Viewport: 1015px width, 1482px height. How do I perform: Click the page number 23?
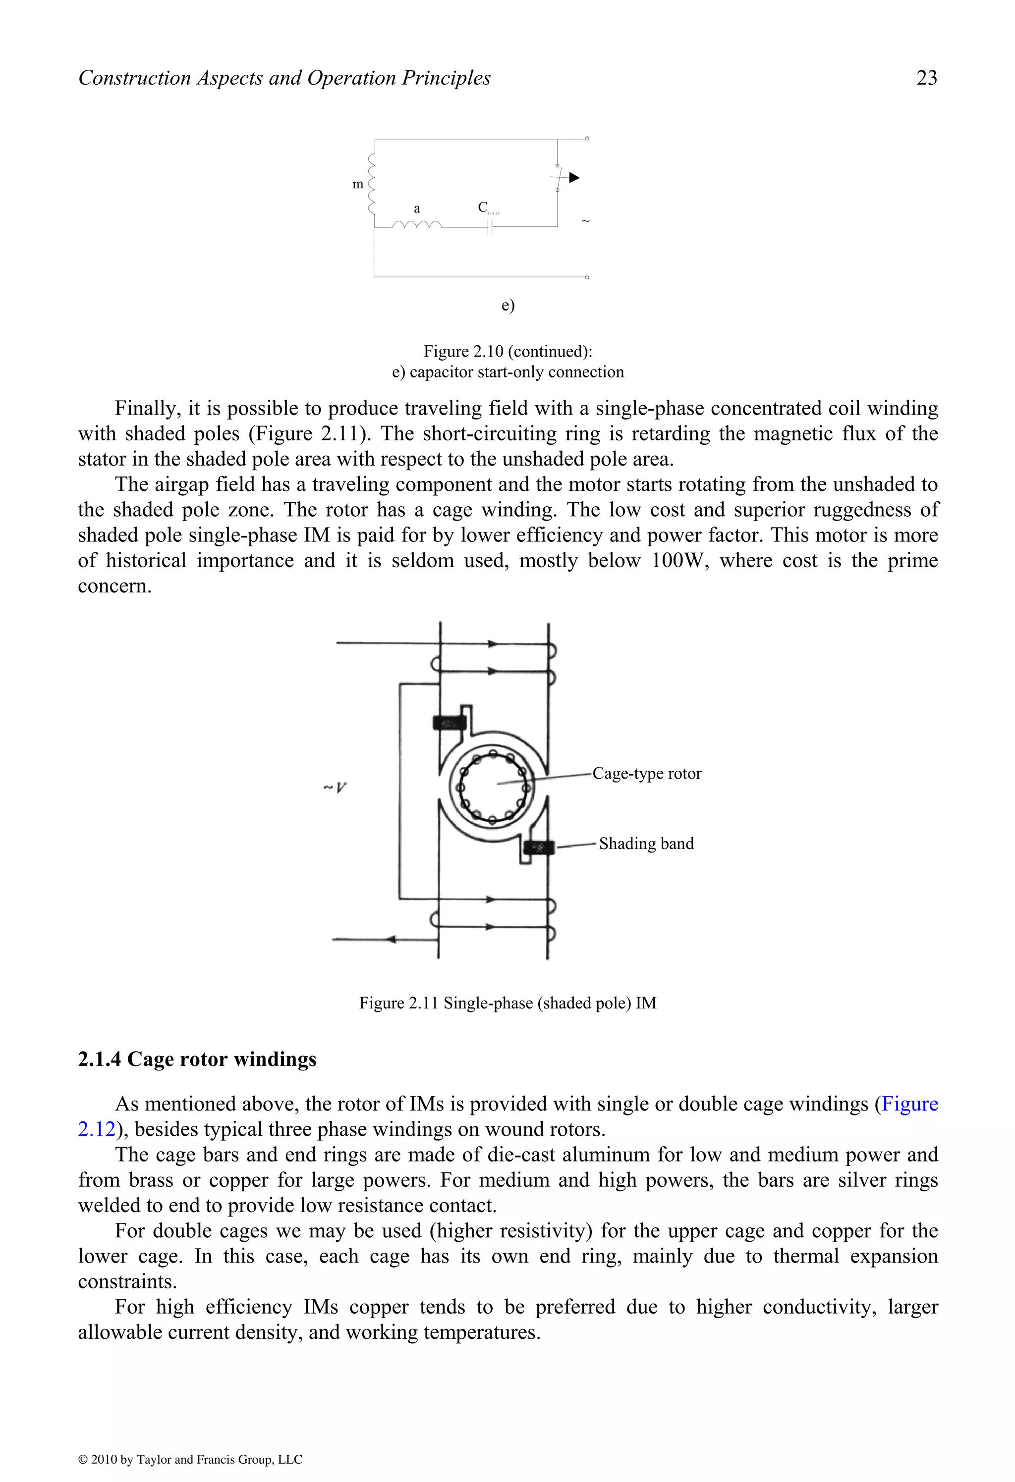pyautogui.click(x=926, y=78)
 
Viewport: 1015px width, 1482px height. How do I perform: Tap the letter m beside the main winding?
pyautogui.click(x=358, y=184)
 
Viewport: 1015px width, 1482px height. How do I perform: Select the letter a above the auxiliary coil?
pyautogui.click(x=417, y=209)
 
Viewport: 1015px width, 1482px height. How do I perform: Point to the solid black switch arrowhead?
pyautogui.click(x=574, y=178)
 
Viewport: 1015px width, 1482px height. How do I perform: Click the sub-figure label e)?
pyautogui.click(x=508, y=306)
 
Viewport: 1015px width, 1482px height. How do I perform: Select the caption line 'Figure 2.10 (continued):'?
pyautogui.click(x=508, y=351)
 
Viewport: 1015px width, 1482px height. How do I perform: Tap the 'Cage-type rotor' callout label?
pyautogui.click(x=646, y=774)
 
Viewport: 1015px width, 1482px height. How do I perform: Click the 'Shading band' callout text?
pyautogui.click(x=646, y=844)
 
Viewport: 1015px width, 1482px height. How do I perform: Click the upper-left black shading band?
pyautogui.click(x=449, y=723)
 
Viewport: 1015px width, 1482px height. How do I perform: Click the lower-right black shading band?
pyautogui.click(x=538, y=847)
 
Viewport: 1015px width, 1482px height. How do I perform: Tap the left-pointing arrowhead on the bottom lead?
pyautogui.click(x=391, y=939)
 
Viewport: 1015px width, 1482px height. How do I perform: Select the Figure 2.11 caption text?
pyautogui.click(x=508, y=1003)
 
